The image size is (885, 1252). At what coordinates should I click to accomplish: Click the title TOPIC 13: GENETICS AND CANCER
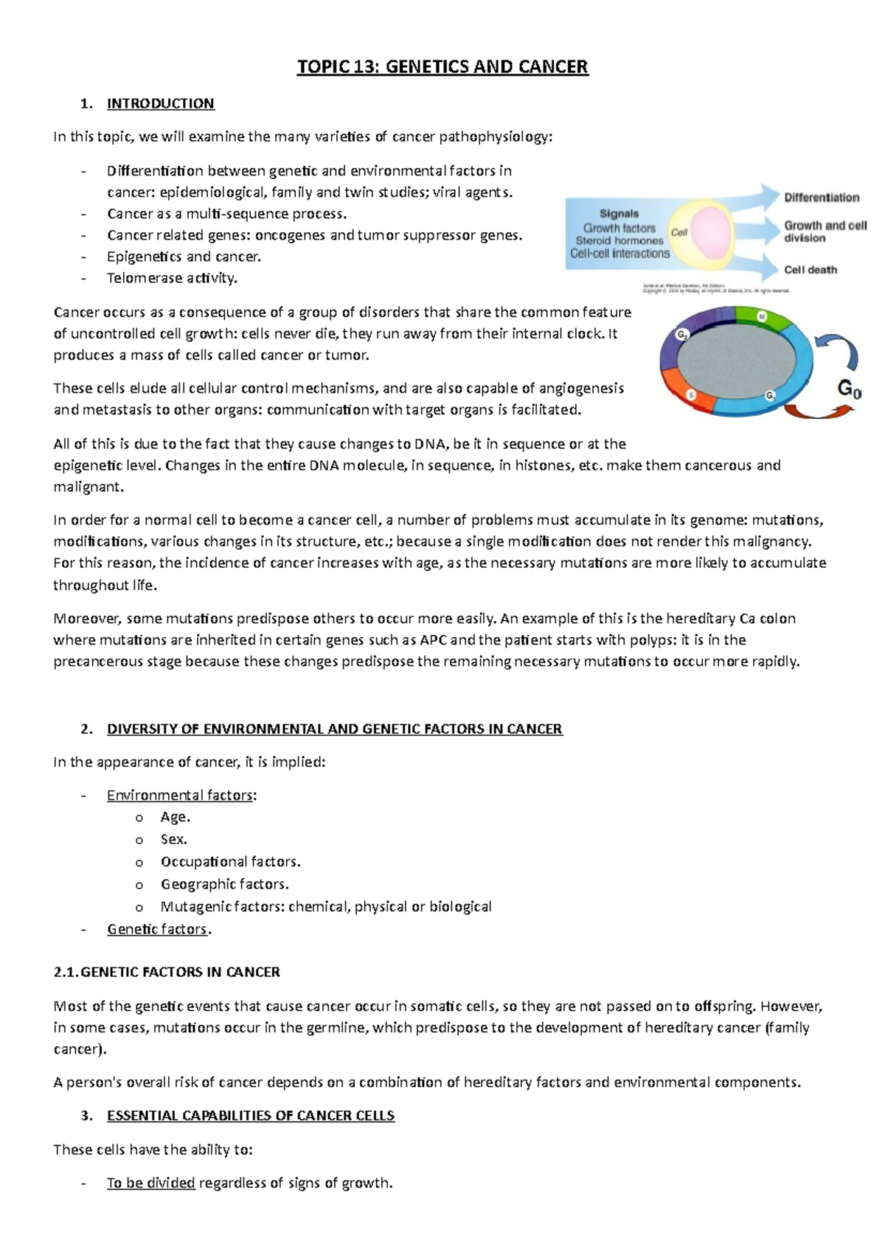(x=442, y=67)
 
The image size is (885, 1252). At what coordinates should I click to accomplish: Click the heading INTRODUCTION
(x=160, y=103)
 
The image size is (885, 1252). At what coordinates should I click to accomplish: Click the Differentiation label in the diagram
(x=822, y=198)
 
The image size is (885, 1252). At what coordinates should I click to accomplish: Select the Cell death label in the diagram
(x=811, y=270)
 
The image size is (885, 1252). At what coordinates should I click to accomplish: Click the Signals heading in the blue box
(x=619, y=214)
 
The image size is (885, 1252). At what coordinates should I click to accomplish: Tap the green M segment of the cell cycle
(x=763, y=318)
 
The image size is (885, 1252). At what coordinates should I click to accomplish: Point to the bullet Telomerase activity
(x=172, y=278)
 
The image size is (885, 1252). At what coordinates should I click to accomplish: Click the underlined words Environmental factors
(x=180, y=795)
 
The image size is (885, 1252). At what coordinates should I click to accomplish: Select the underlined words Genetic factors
(x=157, y=929)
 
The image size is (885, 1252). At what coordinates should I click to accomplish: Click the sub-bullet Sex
(x=173, y=839)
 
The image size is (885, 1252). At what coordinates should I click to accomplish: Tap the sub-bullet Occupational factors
(x=230, y=861)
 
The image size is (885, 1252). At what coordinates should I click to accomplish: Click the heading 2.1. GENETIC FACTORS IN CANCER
(x=167, y=972)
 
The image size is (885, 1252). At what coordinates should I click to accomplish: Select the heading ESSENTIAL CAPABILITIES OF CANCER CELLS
(x=251, y=1116)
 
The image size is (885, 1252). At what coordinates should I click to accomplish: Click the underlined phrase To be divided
(x=150, y=1183)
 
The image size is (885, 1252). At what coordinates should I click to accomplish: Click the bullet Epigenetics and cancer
(x=184, y=257)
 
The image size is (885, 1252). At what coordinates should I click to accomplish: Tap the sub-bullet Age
(x=175, y=817)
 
